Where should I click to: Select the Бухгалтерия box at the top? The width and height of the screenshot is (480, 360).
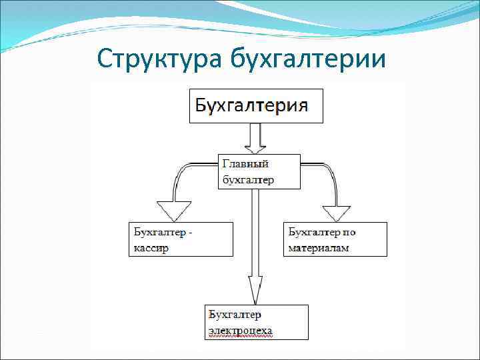click(256, 106)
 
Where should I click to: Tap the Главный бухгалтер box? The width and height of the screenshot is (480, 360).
click(259, 171)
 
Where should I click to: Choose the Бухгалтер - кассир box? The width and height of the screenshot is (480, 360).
click(181, 239)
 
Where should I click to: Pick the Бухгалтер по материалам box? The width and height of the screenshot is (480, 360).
click(335, 239)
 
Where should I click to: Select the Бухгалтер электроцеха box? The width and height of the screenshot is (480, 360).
click(257, 322)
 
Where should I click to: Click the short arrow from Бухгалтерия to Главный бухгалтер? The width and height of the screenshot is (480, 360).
click(255, 139)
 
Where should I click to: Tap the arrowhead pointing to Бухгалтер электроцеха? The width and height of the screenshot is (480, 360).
click(255, 291)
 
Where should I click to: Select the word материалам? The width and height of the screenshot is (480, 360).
click(319, 248)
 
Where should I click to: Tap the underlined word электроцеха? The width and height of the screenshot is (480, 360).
click(241, 330)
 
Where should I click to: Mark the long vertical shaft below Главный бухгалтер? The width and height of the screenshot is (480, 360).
click(255, 233)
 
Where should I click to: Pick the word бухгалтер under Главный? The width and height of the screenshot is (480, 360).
click(249, 179)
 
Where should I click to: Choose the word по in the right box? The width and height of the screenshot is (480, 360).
click(349, 232)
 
